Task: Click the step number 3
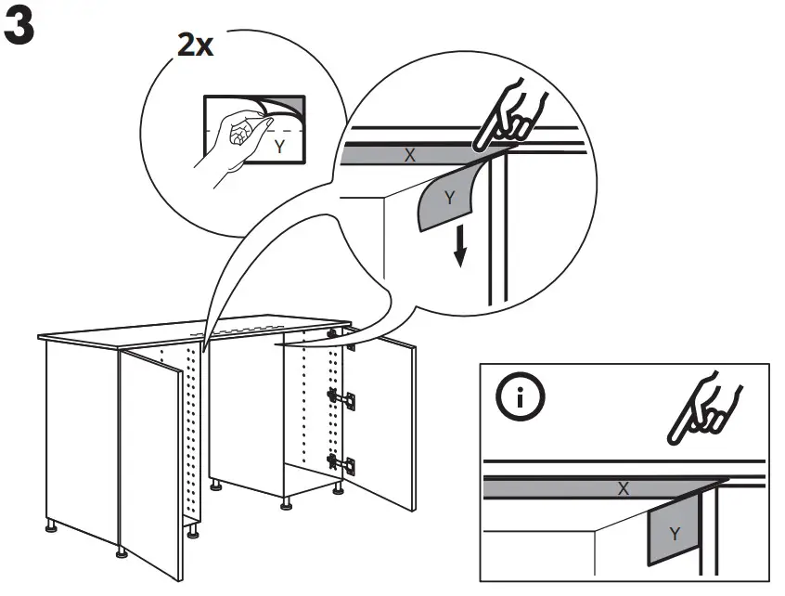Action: tap(20, 30)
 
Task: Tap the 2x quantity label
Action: tap(195, 45)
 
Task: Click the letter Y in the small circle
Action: tap(279, 147)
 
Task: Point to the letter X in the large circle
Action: tap(409, 156)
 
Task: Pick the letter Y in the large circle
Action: tap(449, 198)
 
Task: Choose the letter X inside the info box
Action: tap(623, 488)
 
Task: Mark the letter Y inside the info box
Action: tap(675, 534)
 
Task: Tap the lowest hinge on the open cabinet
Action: tap(341, 461)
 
